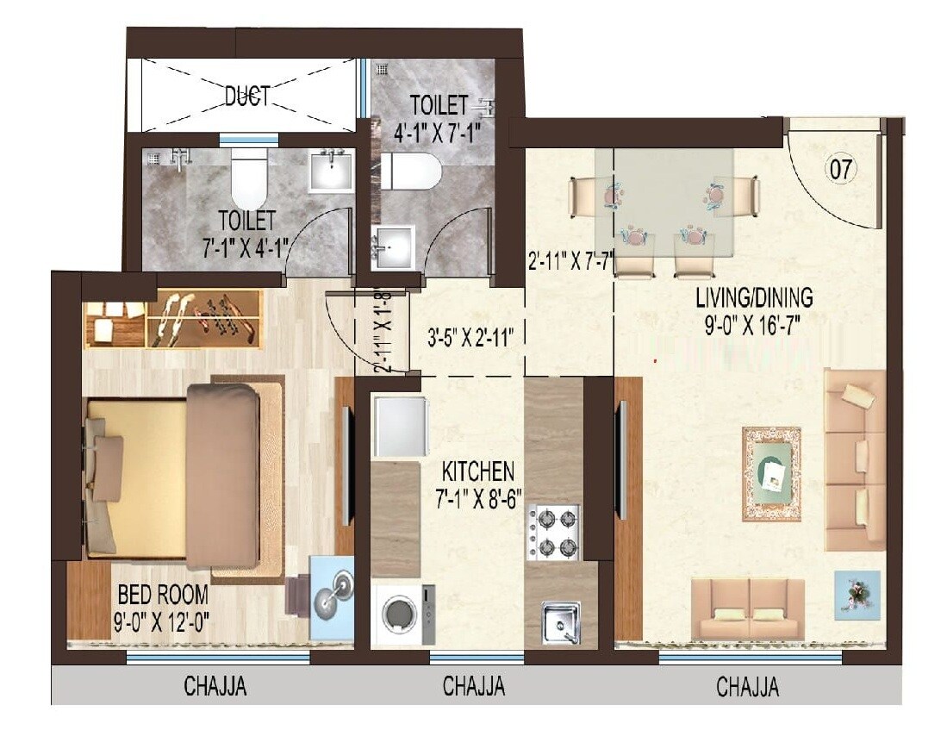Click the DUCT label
[x=246, y=97]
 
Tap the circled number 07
[x=842, y=170]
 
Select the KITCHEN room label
[x=478, y=471]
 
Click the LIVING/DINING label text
[x=755, y=298]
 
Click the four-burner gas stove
[x=554, y=533]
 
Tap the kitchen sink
[x=560, y=620]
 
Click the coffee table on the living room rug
[x=771, y=474]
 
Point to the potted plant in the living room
[x=857, y=594]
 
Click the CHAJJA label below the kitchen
[x=473, y=687]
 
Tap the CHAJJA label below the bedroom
[x=215, y=687]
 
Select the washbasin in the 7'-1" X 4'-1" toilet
[x=329, y=170]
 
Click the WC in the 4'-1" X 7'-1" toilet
[x=410, y=172]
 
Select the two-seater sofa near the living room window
[x=748, y=608]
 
